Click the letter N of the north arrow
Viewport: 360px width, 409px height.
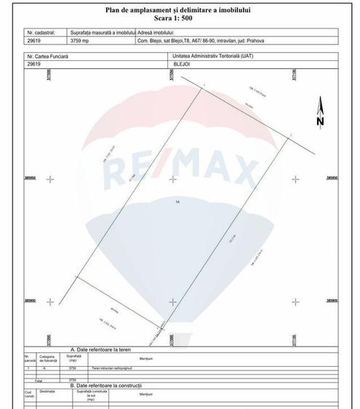point(319,122)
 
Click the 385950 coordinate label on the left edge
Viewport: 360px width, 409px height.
point(31,177)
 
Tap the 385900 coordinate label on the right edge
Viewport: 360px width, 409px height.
point(332,300)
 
